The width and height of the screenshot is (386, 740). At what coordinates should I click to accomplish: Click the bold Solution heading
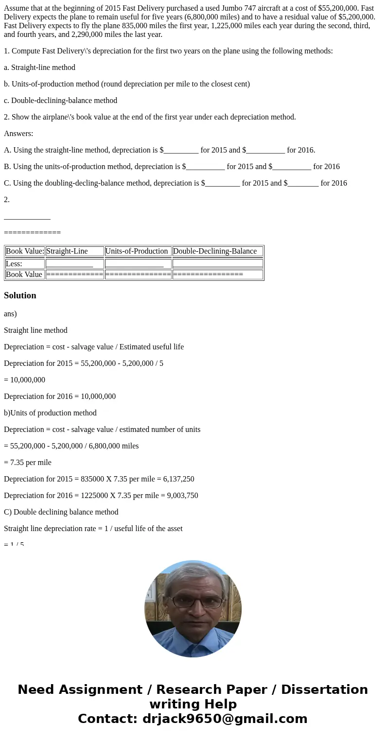coord(20,295)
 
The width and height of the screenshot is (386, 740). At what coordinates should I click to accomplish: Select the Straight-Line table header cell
coord(67,251)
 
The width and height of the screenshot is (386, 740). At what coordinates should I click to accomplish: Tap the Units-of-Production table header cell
coord(137,251)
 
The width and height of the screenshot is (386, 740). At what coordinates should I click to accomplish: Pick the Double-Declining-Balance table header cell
coord(215,251)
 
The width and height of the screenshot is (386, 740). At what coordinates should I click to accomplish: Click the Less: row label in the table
coord(14,264)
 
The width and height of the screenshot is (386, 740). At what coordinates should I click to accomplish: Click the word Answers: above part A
coord(18,134)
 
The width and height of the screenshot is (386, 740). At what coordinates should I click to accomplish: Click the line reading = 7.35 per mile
coord(28,463)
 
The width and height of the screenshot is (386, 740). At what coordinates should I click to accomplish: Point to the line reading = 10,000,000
coord(24,380)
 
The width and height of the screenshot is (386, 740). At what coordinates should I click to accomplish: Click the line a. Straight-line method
coord(39,68)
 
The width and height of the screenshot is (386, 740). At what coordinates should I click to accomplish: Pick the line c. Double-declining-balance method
coord(60,101)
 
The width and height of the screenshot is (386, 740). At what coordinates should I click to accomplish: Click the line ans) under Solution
coord(10,314)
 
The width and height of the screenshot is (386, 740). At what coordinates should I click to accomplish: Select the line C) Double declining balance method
coord(61,512)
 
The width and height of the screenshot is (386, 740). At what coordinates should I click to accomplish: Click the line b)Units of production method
coord(50,413)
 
